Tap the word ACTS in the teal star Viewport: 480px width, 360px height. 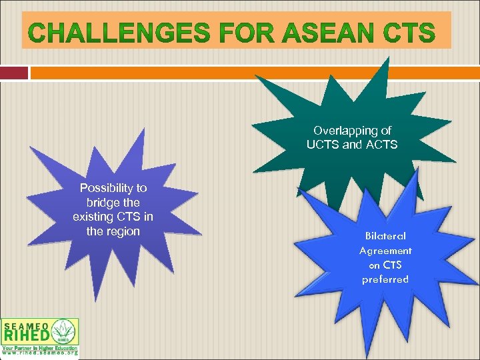381,145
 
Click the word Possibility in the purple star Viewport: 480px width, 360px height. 113,188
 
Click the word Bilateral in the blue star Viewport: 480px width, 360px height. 385,236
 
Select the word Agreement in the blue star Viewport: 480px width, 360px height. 385,251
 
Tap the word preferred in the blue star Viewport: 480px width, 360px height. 385,279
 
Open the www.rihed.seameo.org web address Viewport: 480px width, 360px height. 39,354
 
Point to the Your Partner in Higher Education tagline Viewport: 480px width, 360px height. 39,348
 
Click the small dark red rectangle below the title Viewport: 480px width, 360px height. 14,73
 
